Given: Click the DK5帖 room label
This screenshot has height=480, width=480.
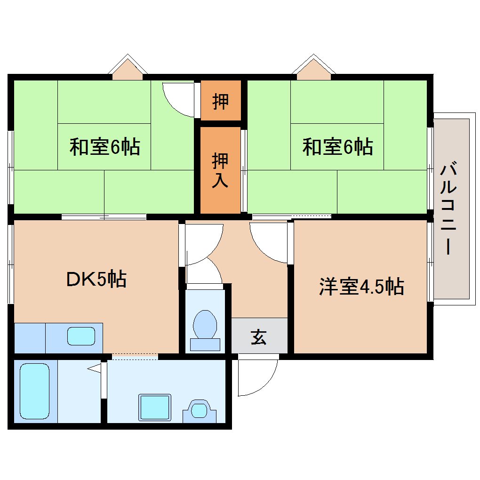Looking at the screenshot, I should (96, 280).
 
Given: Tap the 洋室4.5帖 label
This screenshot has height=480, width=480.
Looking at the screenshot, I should (361, 286).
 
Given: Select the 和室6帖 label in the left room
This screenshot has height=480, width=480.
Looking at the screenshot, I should (104, 147).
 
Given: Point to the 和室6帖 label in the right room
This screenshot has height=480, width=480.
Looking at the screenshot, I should (337, 147).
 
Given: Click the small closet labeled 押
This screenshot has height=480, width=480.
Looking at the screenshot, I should (221, 101).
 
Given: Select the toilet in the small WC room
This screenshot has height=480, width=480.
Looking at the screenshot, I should (206, 328).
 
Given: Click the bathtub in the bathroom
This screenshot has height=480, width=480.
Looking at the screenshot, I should (35, 391).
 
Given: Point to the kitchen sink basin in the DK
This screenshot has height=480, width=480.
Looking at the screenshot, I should (81, 336).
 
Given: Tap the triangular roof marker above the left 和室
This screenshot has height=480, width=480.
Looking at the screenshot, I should (128, 68).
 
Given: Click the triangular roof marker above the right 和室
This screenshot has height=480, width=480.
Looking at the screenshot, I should (313, 68).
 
